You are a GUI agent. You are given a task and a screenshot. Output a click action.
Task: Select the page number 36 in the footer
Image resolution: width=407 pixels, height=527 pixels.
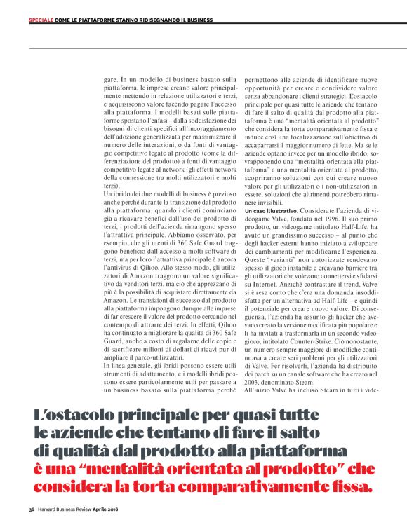(32, 508)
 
